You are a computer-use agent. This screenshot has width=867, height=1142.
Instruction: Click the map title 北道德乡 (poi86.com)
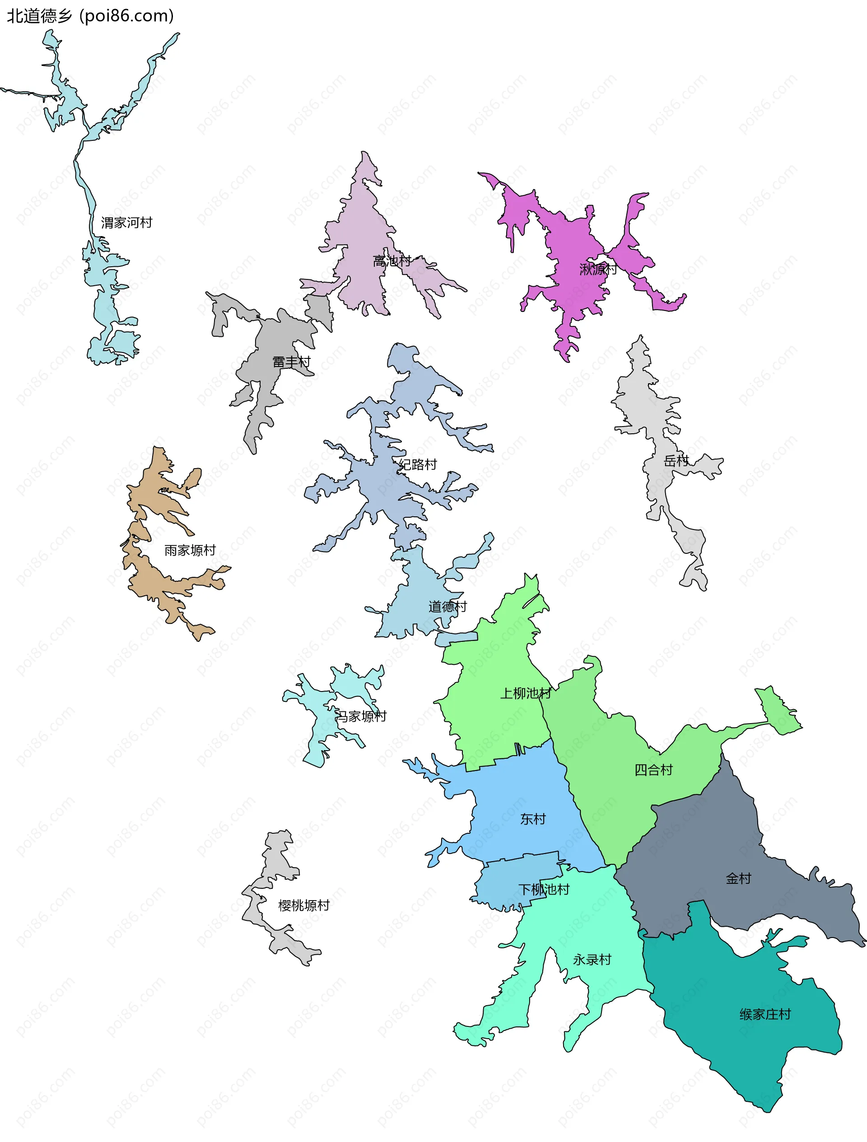click(x=90, y=16)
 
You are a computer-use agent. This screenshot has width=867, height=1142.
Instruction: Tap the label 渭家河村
click(x=126, y=223)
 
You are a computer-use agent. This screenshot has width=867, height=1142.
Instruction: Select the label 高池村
click(x=392, y=261)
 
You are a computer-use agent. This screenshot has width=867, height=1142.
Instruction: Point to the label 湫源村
click(x=598, y=269)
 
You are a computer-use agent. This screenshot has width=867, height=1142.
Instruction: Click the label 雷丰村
click(x=292, y=362)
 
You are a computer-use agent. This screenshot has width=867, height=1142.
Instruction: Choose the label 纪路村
click(x=418, y=464)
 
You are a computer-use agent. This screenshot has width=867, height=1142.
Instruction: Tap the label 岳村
click(x=676, y=460)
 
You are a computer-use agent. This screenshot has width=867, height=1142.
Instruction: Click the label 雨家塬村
click(x=190, y=550)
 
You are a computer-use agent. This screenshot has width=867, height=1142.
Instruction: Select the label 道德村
click(x=447, y=607)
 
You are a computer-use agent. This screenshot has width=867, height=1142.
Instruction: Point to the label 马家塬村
click(x=361, y=716)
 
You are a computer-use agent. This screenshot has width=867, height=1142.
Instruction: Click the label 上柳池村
click(x=525, y=693)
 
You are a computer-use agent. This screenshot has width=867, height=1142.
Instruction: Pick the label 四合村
click(x=653, y=770)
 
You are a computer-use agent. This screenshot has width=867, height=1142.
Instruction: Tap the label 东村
click(x=533, y=819)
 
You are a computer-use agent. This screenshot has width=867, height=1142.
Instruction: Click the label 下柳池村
click(x=543, y=889)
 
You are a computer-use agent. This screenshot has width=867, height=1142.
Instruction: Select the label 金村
click(x=738, y=878)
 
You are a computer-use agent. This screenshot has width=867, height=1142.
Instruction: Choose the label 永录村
click(x=592, y=959)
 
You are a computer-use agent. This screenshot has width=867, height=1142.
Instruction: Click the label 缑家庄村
click(x=765, y=1014)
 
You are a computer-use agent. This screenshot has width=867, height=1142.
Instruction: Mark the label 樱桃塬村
click(x=303, y=905)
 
